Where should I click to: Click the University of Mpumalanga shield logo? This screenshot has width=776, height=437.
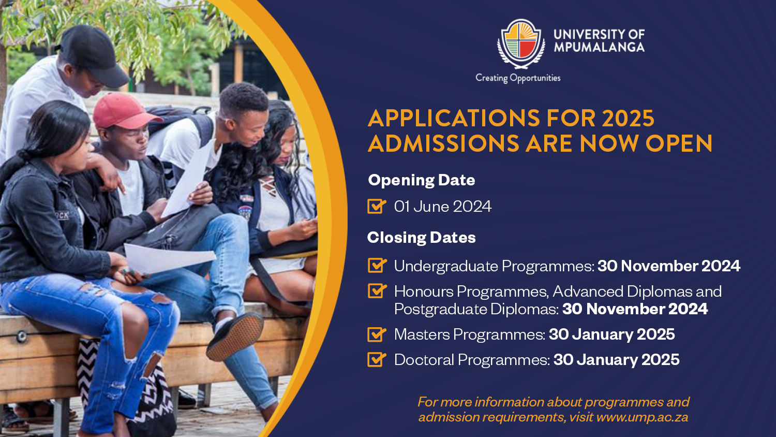[x=521, y=43]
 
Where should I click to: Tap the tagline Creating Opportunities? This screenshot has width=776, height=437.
[x=518, y=78]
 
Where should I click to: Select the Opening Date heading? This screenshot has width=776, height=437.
[x=421, y=180]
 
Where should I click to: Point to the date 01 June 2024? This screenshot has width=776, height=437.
[x=443, y=207]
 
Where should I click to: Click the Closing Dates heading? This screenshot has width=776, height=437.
[x=421, y=238]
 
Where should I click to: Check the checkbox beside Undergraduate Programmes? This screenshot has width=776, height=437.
[x=377, y=265]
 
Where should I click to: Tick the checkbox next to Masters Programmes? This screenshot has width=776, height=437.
[x=377, y=334]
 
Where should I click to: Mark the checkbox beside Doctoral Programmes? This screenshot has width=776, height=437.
[x=377, y=359]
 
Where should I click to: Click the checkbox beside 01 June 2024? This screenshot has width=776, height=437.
[x=377, y=206]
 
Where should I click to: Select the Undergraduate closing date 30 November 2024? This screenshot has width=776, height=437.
[x=668, y=266]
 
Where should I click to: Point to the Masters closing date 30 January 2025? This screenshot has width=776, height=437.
[x=612, y=334]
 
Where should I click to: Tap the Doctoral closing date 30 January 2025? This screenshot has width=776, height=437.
[x=616, y=360]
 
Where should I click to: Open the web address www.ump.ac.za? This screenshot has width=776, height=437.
[x=643, y=417]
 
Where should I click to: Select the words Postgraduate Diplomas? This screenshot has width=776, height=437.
[x=476, y=309]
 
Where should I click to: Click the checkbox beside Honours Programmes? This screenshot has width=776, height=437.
[x=377, y=290]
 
